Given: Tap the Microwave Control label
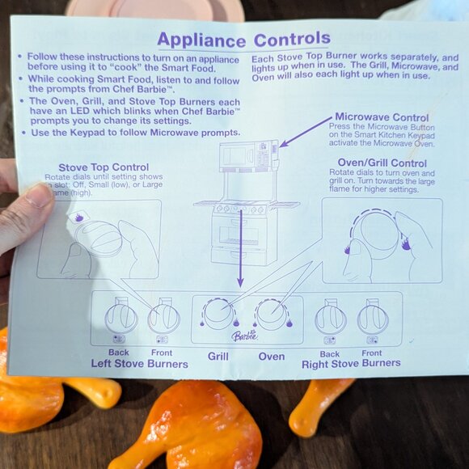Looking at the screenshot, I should (382, 117).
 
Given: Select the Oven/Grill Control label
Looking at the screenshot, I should (382, 163).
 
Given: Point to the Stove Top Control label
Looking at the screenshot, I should (103, 168).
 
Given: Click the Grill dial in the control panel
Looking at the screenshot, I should (218, 313).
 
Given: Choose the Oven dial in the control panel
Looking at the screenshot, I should (271, 313).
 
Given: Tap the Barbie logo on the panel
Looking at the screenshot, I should (244, 336).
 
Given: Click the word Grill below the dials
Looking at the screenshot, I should (218, 356).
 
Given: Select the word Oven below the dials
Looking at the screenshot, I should (271, 356).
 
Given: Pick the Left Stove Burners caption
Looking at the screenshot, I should (139, 364).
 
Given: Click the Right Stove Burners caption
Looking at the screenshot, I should (351, 363).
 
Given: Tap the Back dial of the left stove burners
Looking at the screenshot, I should (120, 317).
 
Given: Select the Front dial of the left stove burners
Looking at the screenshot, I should (163, 317).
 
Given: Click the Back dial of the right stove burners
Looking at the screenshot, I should (330, 317).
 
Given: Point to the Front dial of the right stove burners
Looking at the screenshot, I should (372, 316).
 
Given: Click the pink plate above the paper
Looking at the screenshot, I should (154, 8).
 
